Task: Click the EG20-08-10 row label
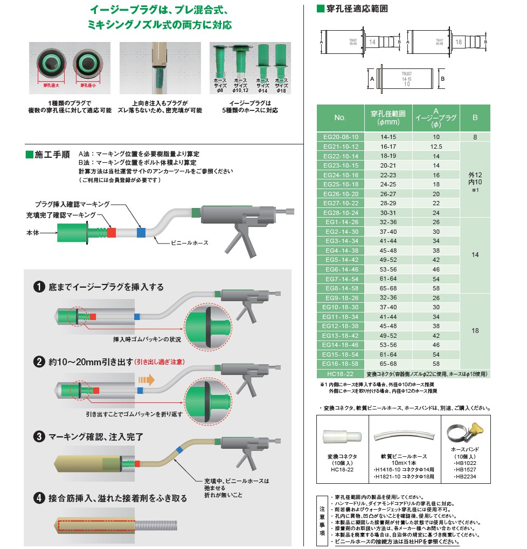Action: pos(340,137)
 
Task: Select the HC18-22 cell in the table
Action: pos(340,373)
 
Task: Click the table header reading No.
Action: pos(340,118)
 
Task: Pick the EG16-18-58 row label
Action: pos(340,364)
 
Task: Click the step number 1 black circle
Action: pos(39,287)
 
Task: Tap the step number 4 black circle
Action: pos(39,498)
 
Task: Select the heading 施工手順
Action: pos(51,154)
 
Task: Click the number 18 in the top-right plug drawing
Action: pos(459,41)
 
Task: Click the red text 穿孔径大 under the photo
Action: pos(52,85)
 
